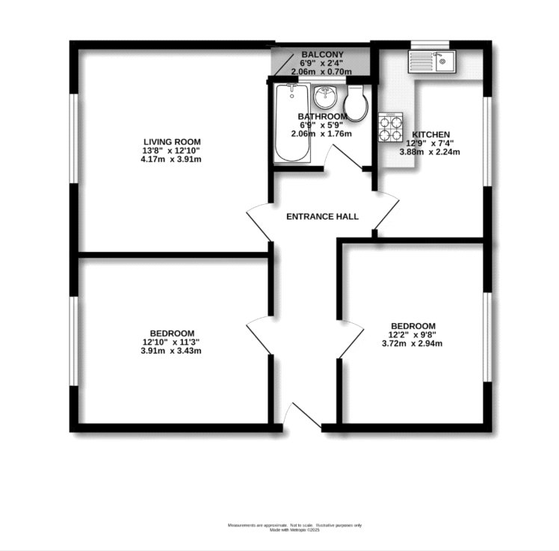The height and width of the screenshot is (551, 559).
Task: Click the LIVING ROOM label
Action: (173, 141)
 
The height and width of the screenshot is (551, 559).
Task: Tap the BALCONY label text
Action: (322, 55)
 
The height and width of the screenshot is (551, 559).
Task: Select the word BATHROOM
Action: (322, 117)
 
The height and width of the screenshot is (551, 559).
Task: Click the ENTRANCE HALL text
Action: (323, 217)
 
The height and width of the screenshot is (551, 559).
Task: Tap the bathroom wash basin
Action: (325, 97)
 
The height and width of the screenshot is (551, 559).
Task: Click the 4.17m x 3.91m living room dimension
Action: (173, 159)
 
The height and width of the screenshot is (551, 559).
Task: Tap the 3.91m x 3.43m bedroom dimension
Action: (173, 351)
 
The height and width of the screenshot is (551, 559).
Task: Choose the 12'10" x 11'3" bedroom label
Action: (173, 342)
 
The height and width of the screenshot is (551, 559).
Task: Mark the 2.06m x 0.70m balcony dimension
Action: (322, 73)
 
